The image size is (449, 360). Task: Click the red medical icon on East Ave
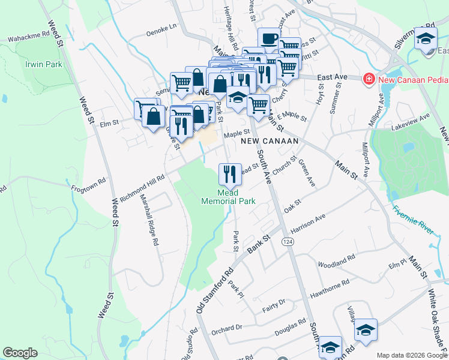tap(368, 79)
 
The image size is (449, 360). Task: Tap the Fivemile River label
tap(413, 220)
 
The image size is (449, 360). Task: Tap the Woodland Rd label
tap(337, 262)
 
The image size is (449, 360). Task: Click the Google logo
tap(20, 353)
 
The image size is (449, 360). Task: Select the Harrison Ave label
tap(307, 224)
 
